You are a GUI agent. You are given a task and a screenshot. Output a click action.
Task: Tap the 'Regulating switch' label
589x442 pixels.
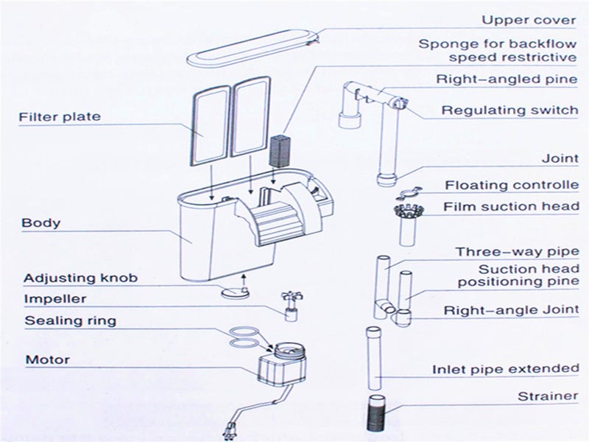coord(509,110)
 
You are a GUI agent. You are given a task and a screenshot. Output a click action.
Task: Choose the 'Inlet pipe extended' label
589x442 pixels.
coord(505,369)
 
